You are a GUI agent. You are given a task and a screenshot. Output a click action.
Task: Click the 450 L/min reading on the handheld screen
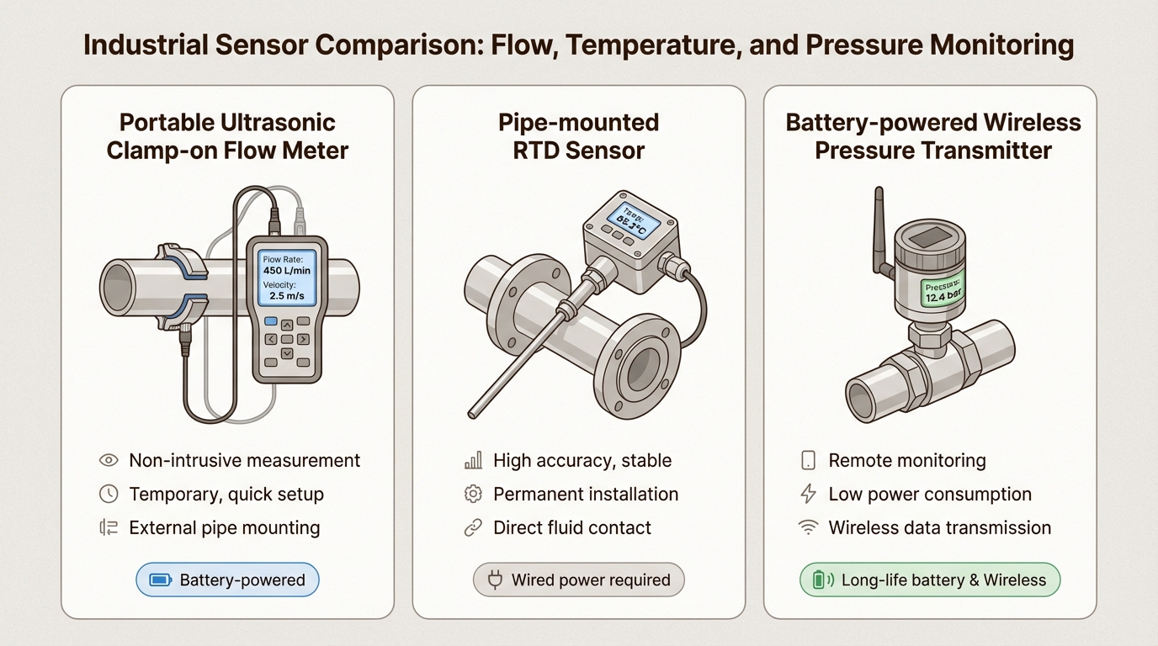285,271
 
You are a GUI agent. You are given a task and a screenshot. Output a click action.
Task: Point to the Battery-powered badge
227,580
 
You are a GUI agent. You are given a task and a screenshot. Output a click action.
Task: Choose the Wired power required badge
579,580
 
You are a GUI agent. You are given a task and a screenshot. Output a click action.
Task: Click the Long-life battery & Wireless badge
929,580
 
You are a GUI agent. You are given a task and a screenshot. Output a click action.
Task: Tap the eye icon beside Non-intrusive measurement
109,460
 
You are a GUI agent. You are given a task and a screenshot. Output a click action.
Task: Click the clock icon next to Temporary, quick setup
109,494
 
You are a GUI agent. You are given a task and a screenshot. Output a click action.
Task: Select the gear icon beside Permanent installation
473,494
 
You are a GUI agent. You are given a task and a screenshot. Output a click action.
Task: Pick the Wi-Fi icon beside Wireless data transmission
808,527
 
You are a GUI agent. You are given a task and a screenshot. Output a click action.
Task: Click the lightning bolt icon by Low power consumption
808,494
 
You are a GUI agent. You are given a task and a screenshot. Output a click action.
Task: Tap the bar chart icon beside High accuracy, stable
473,460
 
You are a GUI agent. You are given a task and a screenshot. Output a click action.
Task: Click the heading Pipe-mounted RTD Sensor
578,136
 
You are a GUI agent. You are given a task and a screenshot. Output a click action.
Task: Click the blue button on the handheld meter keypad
270,321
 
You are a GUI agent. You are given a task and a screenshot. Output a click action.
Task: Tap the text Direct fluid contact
572,527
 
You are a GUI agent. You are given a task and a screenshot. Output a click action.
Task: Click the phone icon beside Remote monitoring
808,460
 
